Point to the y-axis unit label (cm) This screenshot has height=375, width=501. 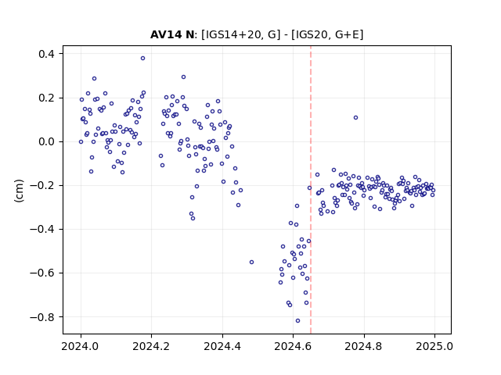pyautogui.click(x=19, y=191)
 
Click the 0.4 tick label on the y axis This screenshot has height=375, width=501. pyautogui.click(x=46, y=54)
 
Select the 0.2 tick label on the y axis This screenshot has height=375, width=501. pyautogui.click(x=46, y=98)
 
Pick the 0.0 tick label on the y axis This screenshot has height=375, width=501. pyautogui.click(x=46, y=141)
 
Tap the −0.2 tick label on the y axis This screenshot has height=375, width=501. pyautogui.click(x=42, y=185)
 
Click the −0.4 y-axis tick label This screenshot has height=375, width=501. pyautogui.click(x=42, y=229)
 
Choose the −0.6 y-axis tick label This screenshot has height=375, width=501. pyautogui.click(x=42, y=273)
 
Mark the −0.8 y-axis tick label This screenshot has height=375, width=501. pyautogui.click(x=42, y=317)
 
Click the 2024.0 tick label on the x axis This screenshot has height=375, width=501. pyautogui.click(x=81, y=346)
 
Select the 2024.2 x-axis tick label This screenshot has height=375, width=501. pyautogui.click(x=151, y=346)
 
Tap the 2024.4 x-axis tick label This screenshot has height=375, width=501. pyautogui.click(x=222, y=346)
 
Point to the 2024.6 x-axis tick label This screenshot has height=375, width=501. pyautogui.click(x=293, y=346)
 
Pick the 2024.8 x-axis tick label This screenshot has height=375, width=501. pyautogui.click(x=363, y=346)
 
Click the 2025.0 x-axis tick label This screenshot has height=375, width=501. pyautogui.click(x=434, y=346)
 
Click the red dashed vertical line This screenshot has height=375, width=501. pyautogui.click(x=311, y=190)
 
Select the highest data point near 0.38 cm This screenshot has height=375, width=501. pyautogui.click(x=142, y=58)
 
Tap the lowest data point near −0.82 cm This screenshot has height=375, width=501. pyautogui.click(x=297, y=320)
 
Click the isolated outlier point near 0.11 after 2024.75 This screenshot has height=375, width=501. pyautogui.click(x=355, y=118)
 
